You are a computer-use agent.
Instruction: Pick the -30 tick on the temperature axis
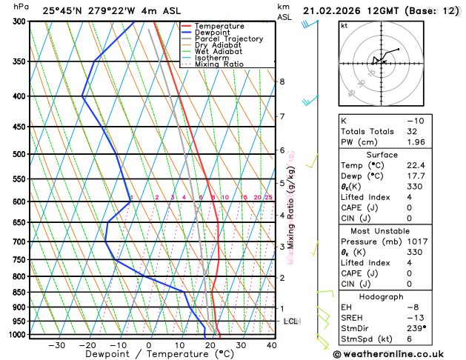point(56,345)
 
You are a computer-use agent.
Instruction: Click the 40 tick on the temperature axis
point(271,345)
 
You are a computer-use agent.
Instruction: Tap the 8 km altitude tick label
point(282,81)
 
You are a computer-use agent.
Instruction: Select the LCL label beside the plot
point(290,321)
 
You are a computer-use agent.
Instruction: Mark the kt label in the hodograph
point(344,26)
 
